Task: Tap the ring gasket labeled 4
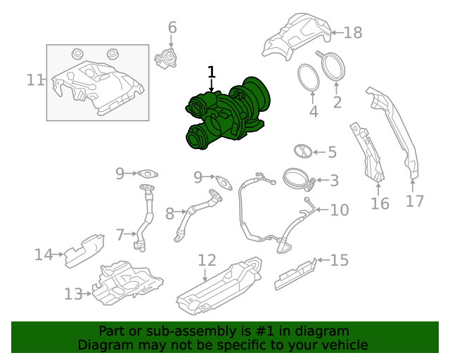pyautogui.click(x=307, y=77)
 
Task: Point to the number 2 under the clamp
pyautogui.click(x=337, y=103)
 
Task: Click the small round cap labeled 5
pyautogui.click(x=302, y=151)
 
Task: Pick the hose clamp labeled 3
pyautogui.click(x=297, y=179)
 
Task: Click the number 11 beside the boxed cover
pyautogui.click(x=35, y=80)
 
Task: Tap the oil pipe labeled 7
pyautogui.click(x=145, y=218)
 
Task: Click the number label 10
pyautogui.click(x=339, y=210)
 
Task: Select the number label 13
pyautogui.click(x=73, y=294)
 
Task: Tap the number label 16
pyautogui.click(x=380, y=204)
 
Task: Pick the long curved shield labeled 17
pyautogui.click(x=394, y=134)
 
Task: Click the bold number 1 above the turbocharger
pyautogui.click(x=212, y=72)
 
